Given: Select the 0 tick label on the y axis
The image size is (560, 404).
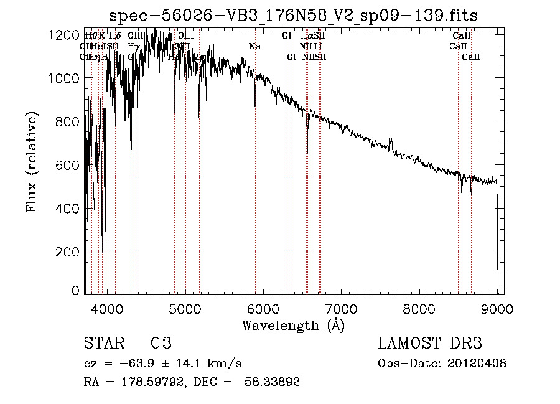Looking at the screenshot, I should coord(75,291).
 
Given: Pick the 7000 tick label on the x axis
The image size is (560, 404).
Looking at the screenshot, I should coord(341,308).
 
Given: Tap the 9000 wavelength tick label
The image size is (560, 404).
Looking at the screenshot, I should coord(497,308).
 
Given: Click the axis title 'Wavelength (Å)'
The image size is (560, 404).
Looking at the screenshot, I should coord(293,325).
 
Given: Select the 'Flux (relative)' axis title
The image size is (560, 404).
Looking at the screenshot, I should coord(32,162).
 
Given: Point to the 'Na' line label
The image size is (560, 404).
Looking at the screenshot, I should coord(254,46).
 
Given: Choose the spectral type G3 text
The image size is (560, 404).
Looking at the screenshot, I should coord(161,343).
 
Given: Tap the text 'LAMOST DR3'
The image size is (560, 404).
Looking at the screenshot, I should coord(430,343).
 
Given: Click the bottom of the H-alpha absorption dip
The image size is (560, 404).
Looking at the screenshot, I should coord(307,153).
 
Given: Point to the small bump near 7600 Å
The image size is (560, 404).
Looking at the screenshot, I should coord(391,143).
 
